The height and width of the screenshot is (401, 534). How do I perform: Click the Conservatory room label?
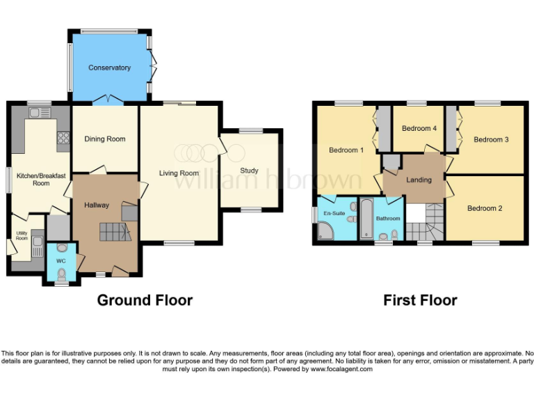pos(109,68)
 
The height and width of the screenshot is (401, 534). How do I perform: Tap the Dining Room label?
pos(105,139)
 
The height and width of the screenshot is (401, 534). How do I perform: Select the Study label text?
pos(249,170)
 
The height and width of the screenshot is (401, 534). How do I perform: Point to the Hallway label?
pos(97,205)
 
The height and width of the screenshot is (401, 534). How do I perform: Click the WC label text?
pos(60,261)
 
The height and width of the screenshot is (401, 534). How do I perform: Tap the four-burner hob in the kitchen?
pos(63,138)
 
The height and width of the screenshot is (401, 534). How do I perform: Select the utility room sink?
pos(38,248)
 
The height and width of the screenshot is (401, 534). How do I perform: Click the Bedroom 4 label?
pos(419,128)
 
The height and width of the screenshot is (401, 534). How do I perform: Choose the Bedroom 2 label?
pos(484,208)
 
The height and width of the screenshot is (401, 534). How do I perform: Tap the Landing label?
pos(419,180)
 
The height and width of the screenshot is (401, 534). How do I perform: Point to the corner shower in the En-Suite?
pos(323,229)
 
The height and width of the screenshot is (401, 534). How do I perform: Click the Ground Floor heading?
pos(145,300)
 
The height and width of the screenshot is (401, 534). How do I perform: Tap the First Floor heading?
pos(420,300)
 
